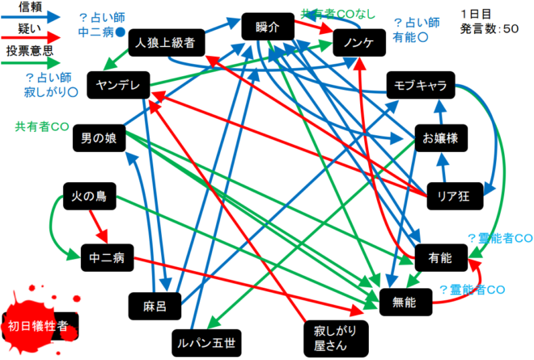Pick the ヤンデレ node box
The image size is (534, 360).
118,87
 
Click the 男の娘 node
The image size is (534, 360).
99,138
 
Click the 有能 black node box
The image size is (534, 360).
440,257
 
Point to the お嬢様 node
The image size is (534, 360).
440,138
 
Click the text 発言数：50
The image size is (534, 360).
489,28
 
